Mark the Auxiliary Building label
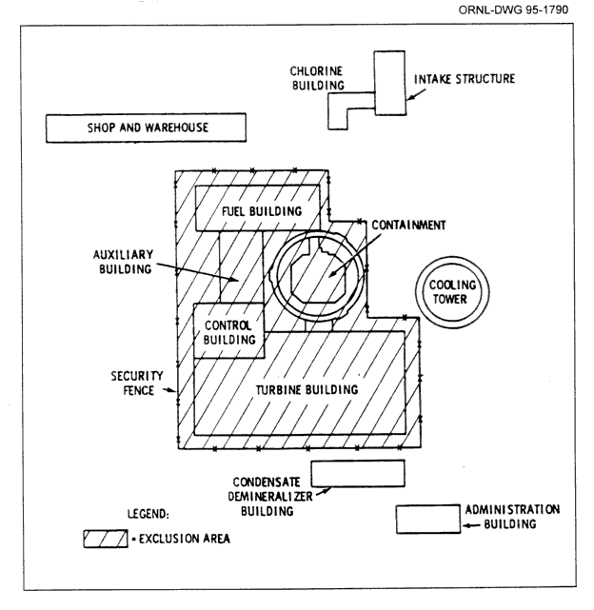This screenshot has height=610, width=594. coord(142,264)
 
